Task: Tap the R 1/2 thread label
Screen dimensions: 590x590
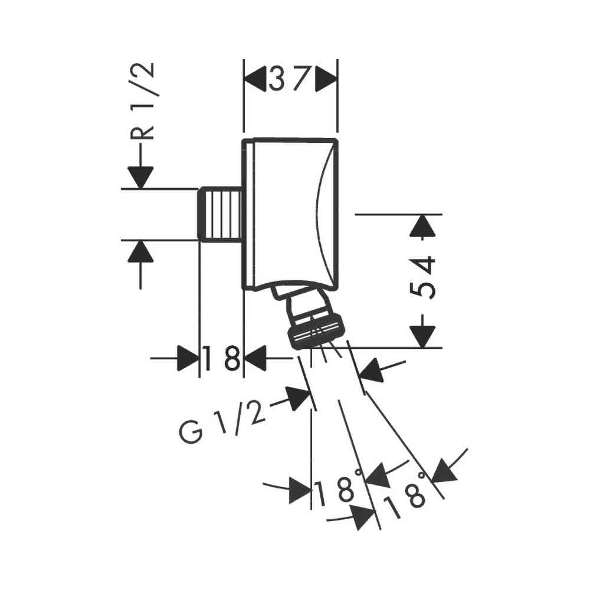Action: tap(142, 101)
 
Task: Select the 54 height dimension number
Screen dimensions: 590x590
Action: tap(422, 277)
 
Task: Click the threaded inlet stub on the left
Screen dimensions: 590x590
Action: tap(221, 214)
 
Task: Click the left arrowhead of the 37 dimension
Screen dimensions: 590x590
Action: tap(255, 79)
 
